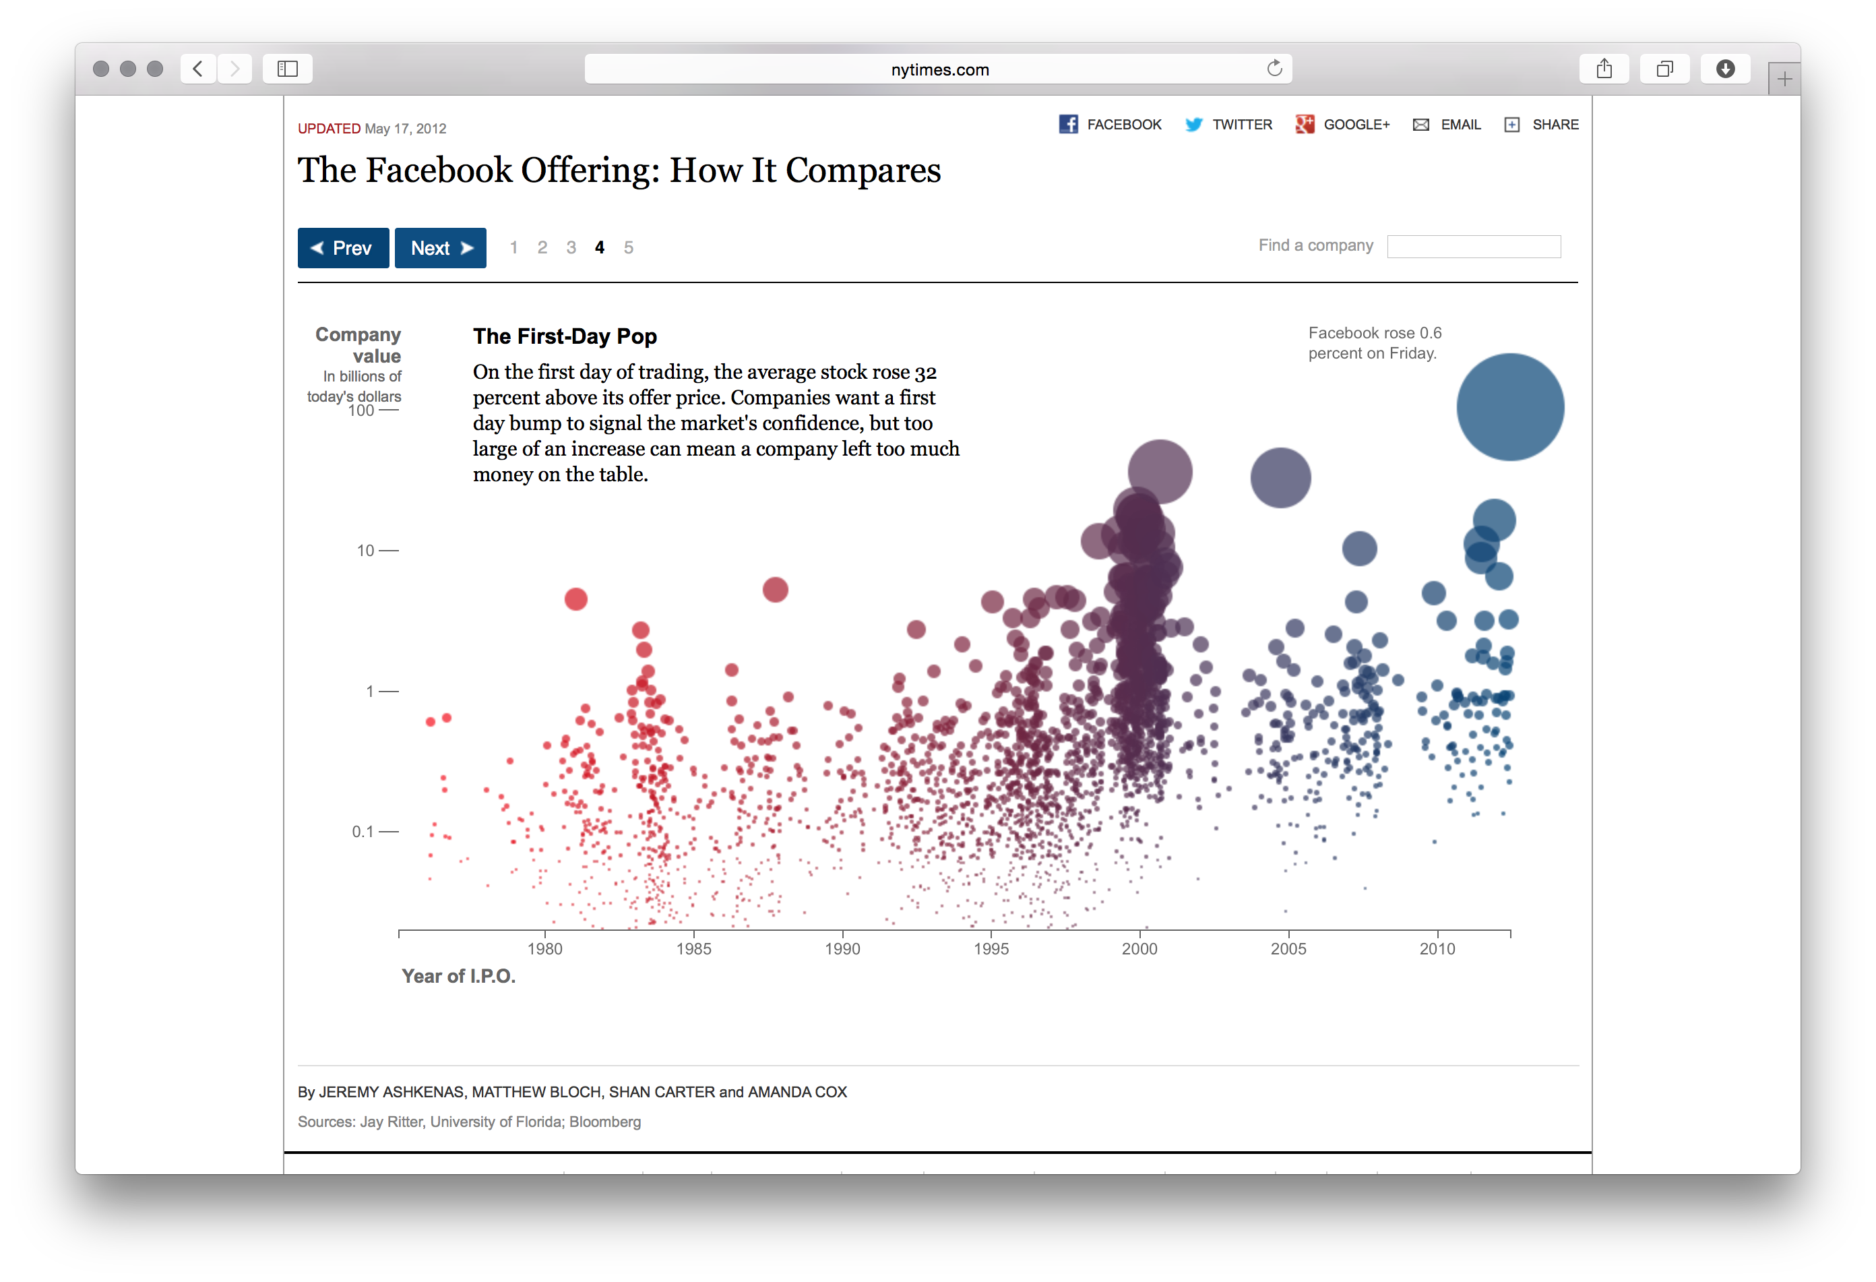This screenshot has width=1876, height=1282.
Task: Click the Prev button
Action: pyautogui.click(x=343, y=248)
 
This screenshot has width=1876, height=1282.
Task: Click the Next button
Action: pyautogui.click(x=440, y=248)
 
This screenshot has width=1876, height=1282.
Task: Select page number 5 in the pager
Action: pyautogui.click(x=628, y=248)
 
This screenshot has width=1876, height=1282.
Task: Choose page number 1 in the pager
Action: pyautogui.click(x=513, y=248)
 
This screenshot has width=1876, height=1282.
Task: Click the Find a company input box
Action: pyautogui.click(x=1473, y=246)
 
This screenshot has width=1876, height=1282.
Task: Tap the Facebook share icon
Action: pyautogui.click(x=1068, y=124)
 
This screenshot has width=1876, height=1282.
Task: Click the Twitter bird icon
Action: pyautogui.click(x=1193, y=124)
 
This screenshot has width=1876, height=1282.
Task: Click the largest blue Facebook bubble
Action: pyautogui.click(x=1509, y=407)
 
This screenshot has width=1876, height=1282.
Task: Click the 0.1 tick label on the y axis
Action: pyautogui.click(x=363, y=832)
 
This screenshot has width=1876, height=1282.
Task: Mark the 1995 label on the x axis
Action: pyautogui.click(x=991, y=948)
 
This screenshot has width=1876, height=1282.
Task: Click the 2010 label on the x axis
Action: pyautogui.click(x=1437, y=948)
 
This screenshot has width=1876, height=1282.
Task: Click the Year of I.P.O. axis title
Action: pyautogui.click(x=458, y=976)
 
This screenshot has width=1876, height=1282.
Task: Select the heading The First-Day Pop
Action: pyautogui.click(x=564, y=336)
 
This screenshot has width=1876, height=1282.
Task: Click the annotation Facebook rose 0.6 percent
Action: pyautogui.click(x=1374, y=342)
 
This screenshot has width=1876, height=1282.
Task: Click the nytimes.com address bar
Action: pyautogui.click(x=939, y=69)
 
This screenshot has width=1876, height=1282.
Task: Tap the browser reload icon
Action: pyautogui.click(x=1274, y=69)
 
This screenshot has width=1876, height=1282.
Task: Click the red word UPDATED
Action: pyautogui.click(x=329, y=128)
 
